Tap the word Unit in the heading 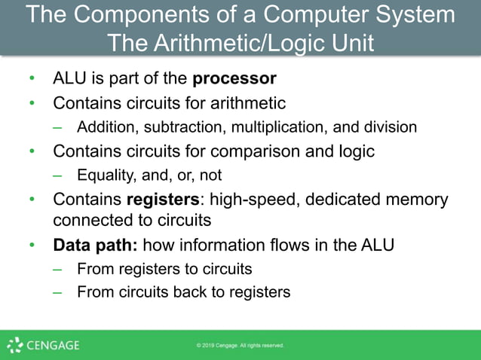tap(349, 42)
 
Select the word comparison tap(249, 151)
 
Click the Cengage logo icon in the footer tap(14, 346)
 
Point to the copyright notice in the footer tap(240, 346)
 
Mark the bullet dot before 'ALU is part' tap(32, 79)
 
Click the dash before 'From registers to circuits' tap(57, 269)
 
